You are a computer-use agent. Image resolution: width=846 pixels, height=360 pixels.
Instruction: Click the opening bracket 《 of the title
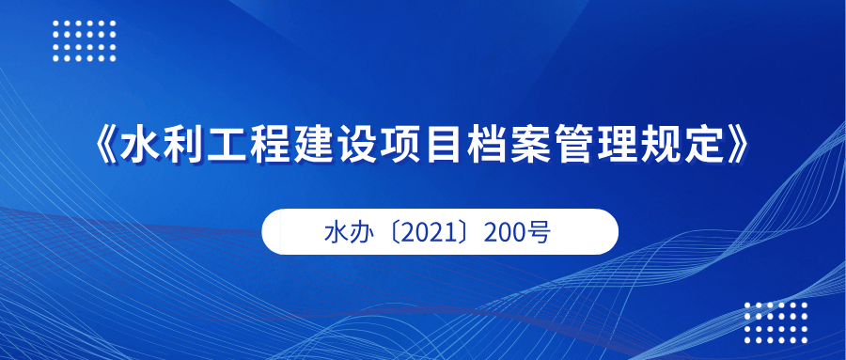point(105,146)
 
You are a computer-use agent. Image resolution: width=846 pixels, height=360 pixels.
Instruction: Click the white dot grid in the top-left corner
point(85,41)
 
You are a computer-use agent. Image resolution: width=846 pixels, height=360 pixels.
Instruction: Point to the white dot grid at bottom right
point(775,322)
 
